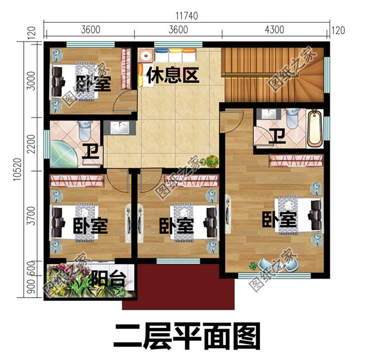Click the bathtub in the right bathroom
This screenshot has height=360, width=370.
[x=314, y=129]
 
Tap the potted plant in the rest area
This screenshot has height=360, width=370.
[x=212, y=160]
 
